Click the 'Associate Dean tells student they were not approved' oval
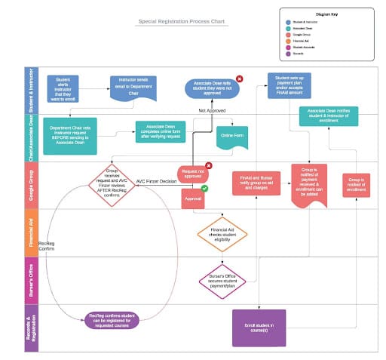click(x=213, y=89)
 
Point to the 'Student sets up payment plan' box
click(x=289, y=85)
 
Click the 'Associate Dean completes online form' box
click(x=160, y=131)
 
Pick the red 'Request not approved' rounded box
click(x=193, y=175)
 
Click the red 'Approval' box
click(x=193, y=198)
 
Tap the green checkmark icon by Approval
click(x=204, y=187)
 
